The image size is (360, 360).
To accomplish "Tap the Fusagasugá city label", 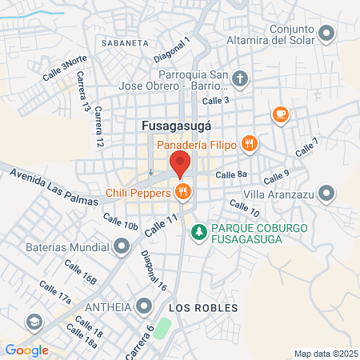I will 176,126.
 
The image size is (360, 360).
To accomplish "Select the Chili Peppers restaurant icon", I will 184,192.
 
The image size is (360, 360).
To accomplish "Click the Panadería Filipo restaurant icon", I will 250,144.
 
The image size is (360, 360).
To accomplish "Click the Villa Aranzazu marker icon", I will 326,193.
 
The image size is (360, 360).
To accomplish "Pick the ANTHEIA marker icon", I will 144,305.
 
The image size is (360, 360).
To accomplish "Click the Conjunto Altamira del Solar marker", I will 326,33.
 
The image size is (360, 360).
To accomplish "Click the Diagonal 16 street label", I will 154,270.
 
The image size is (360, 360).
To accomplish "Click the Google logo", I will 26,350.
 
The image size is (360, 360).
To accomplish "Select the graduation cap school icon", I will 34,322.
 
